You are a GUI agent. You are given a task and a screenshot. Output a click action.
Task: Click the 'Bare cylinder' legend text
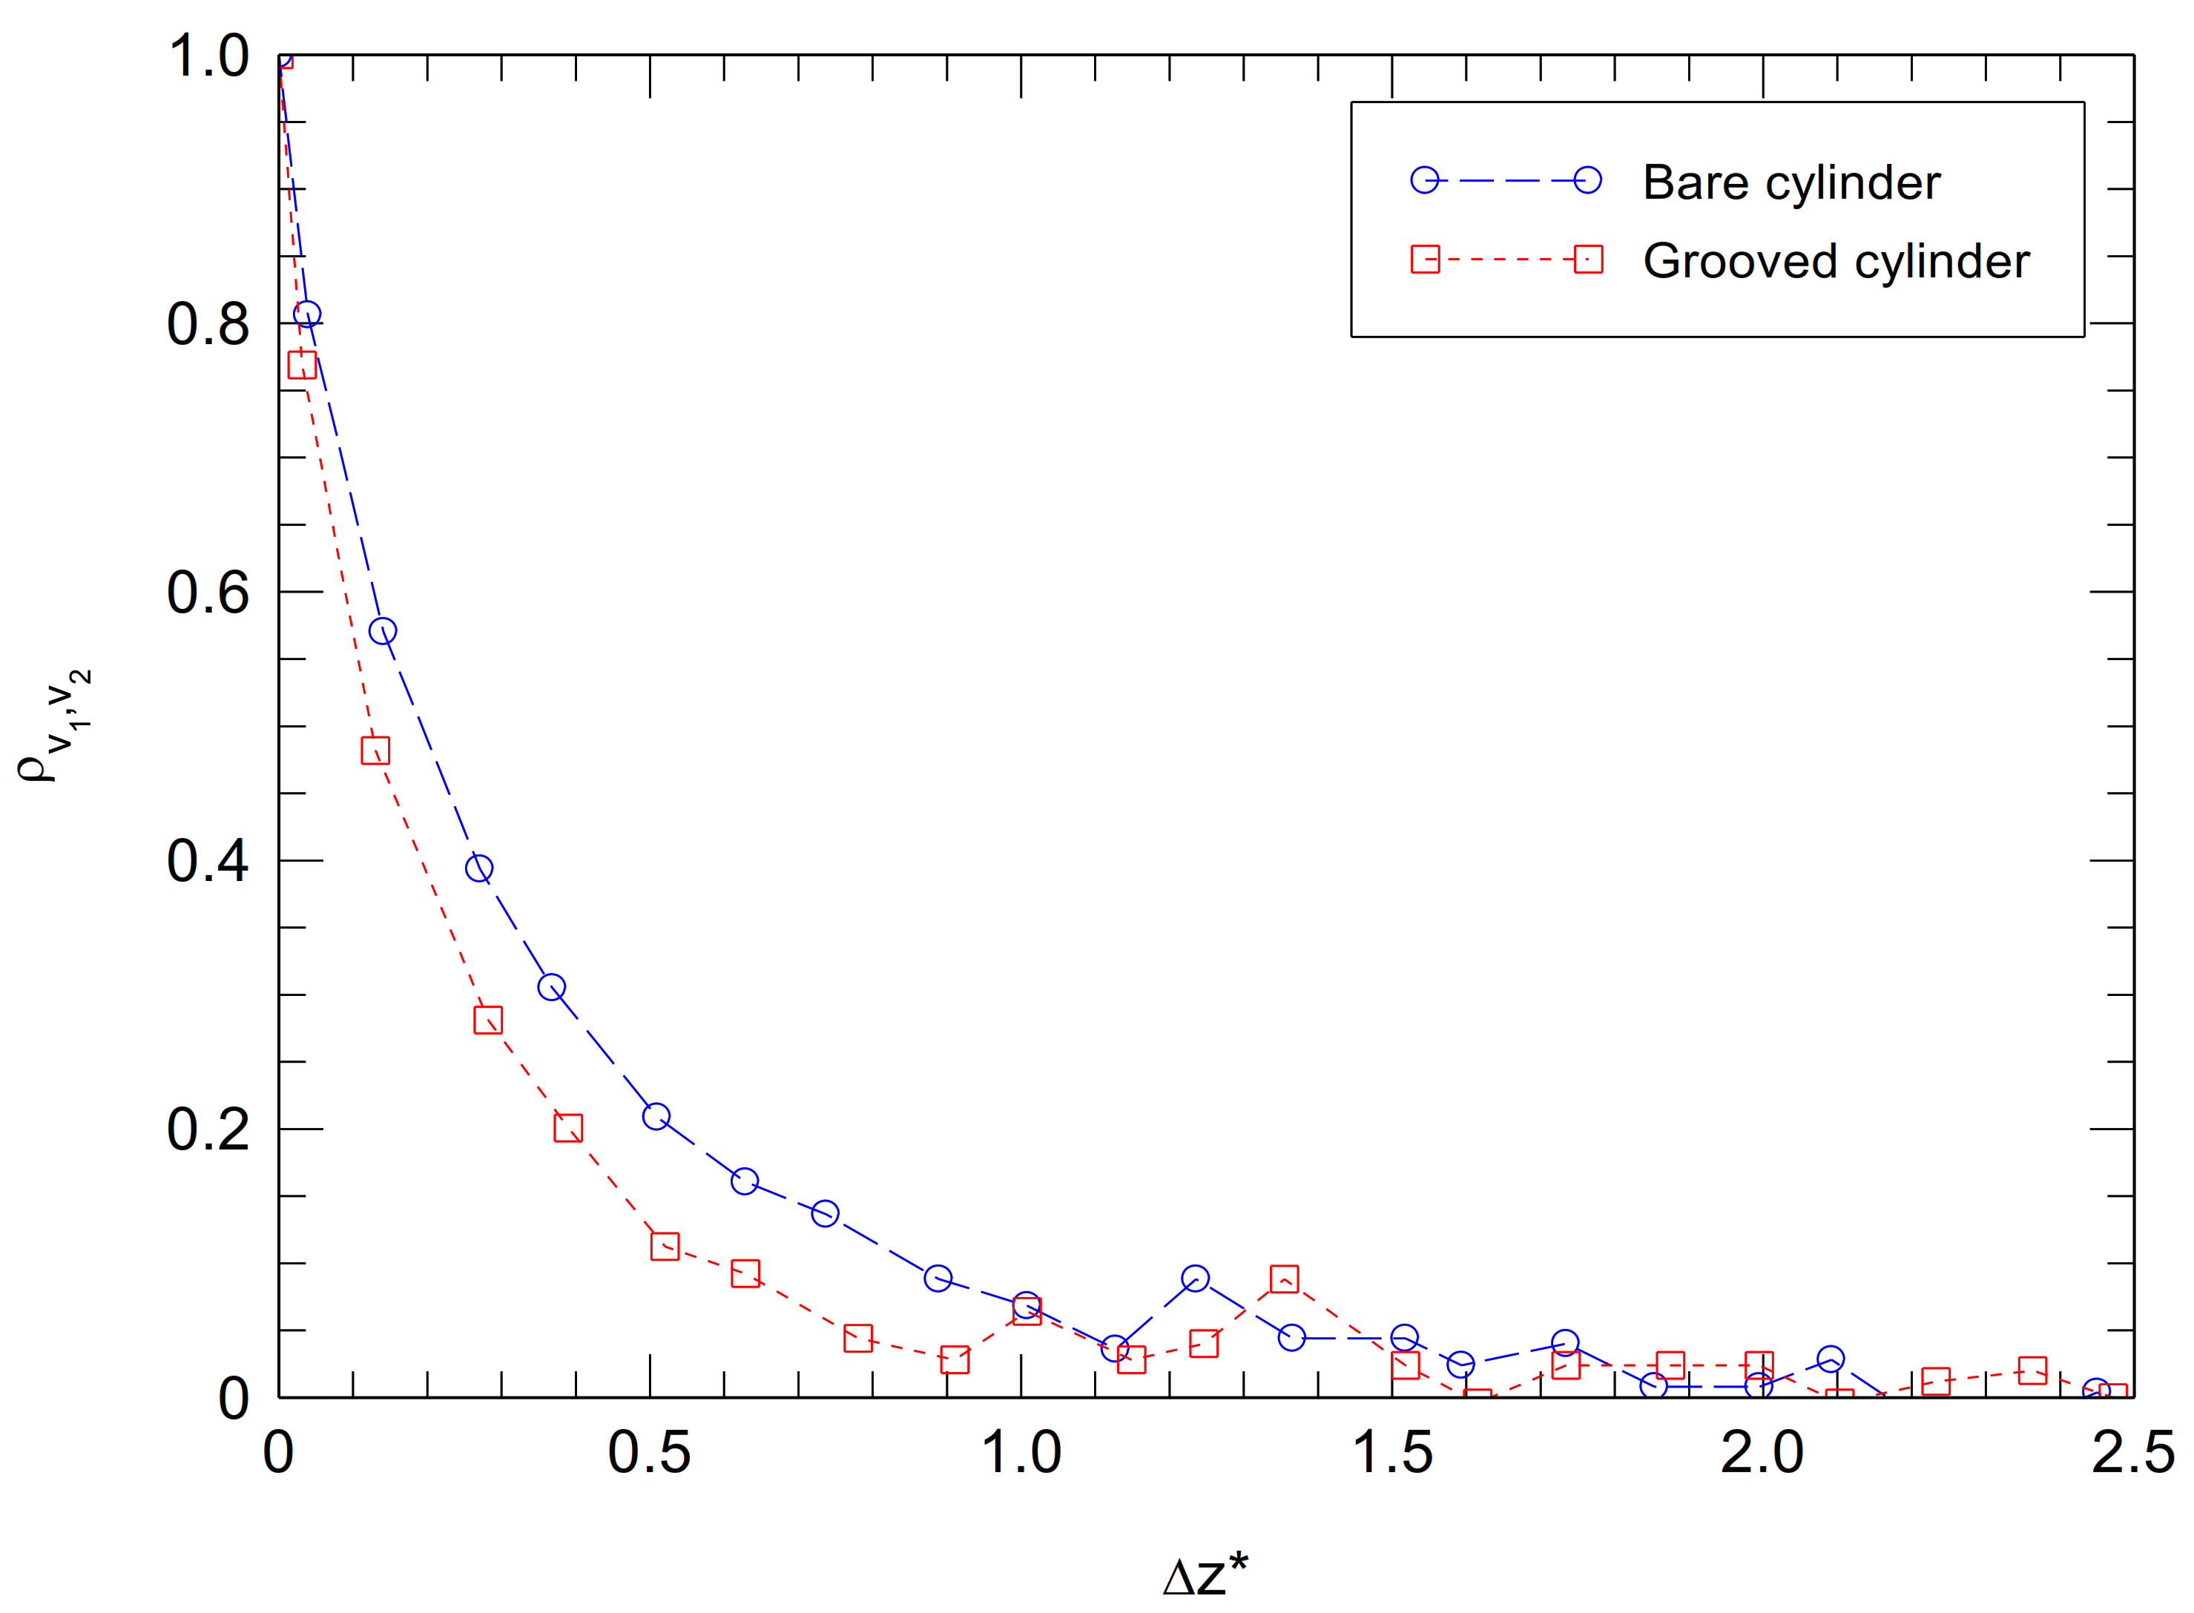(x=1791, y=182)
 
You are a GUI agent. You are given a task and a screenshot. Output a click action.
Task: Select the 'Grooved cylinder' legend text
(x=1836, y=261)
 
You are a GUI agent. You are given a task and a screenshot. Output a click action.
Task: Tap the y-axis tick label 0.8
(x=208, y=324)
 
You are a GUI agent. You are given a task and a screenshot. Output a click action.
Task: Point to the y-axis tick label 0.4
(x=208, y=861)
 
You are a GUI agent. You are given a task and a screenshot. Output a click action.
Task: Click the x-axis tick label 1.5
(x=1391, y=1453)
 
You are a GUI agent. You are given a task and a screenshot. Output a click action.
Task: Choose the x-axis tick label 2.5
(x=2132, y=1453)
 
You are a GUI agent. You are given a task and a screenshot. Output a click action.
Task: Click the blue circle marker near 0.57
(x=383, y=631)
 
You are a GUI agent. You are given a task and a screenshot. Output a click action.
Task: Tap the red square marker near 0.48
(x=376, y=751)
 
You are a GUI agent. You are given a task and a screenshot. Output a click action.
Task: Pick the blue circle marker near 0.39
(x=478, y=868)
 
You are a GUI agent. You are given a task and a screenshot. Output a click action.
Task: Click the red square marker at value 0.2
(x=568, y=1129)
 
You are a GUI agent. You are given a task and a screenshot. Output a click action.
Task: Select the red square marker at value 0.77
(x=302, y=365)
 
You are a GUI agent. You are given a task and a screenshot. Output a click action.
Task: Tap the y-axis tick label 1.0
(x=208, y=56)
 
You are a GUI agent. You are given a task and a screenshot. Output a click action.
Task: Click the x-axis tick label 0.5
(x=649, y=1453)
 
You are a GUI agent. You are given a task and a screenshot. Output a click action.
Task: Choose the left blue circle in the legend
(x=1425, y=181)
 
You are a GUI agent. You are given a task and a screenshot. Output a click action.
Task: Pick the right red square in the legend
(x=1589, y=260)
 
